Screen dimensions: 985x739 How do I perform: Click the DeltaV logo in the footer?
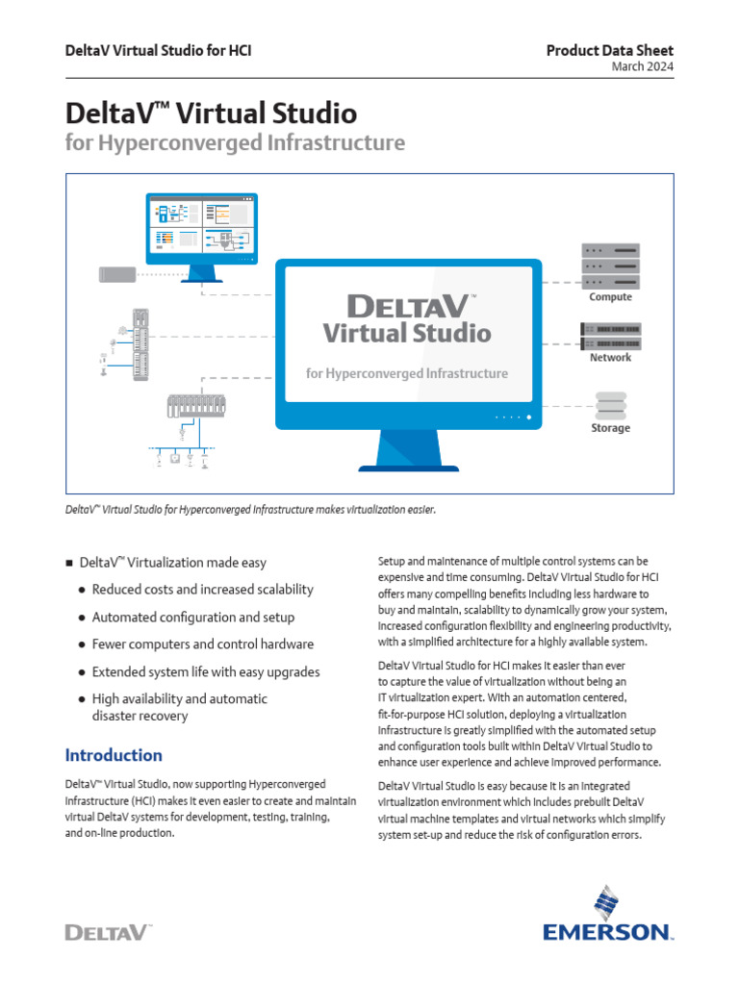click(x=108, y=931)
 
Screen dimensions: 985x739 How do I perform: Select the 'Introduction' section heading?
click(x=114, y=755)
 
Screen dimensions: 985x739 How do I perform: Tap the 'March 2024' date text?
click(x=643, y=66)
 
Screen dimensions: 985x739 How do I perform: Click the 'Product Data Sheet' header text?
click(x=610, y=50)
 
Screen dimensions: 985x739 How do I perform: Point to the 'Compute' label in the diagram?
click(x=610, y=297)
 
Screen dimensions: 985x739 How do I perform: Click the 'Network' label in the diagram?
click(x=610, y=357)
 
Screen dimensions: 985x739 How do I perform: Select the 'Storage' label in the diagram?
click(x=610, y=428)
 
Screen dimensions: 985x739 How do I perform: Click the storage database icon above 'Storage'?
click(x=610, y=404)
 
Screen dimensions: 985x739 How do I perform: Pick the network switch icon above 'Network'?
click(x=610, y=336)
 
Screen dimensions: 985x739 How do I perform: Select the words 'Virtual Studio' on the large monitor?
click(x=406, y=334)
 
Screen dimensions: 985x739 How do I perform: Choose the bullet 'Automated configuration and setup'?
click(x=193, y=617)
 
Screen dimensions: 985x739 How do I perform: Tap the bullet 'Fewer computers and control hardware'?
click(x=203, y=644)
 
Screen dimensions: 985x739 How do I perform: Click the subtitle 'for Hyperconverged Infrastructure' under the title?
click(x=236, y=143)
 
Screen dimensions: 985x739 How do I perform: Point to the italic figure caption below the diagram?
click(x=250, y=508)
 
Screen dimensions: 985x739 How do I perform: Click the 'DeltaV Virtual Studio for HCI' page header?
click(x=159, y=50)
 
